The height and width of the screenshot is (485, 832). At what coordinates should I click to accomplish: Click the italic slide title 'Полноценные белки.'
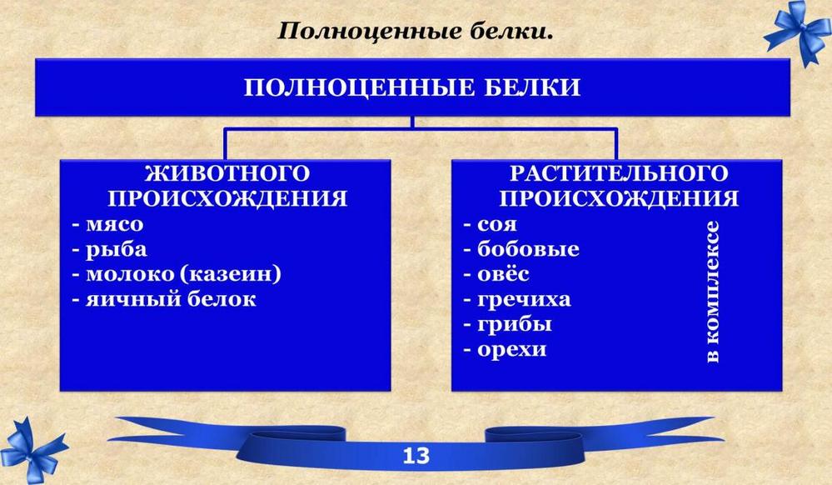[416, 32]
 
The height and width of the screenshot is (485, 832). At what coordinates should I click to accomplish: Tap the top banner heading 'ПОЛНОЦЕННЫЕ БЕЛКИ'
[412, 87]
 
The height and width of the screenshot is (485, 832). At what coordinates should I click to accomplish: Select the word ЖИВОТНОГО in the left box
[227, 173]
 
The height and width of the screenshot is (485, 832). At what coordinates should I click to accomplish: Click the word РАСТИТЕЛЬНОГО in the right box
[619, 173]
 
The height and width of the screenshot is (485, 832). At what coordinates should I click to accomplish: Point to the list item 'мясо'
[115, 224]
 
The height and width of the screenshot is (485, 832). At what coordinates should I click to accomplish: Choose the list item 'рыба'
[117, 250]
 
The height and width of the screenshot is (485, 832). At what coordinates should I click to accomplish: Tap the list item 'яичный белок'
[171, 300]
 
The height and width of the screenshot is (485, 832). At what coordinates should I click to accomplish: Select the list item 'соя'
[496, 224]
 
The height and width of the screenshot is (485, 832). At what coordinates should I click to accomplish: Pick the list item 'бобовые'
[528, 248]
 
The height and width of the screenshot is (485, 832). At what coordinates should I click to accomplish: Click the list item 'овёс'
[503, 274]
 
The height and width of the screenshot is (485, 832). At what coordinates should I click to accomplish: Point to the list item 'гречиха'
[524, 300]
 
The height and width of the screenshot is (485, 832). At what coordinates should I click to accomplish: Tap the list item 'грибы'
[514, 324]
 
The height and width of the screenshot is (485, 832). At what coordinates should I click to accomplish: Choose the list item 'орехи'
[511, 350]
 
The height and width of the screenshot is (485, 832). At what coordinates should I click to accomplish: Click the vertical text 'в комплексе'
[713, 292]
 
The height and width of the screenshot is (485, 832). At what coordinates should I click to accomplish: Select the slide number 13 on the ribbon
[416, 456]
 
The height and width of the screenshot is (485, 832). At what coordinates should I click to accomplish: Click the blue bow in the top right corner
[798, 31]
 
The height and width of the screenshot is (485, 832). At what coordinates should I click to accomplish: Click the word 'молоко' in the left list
[129, 275]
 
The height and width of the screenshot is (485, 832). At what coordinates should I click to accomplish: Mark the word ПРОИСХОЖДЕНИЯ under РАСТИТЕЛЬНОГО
[619, 198]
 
